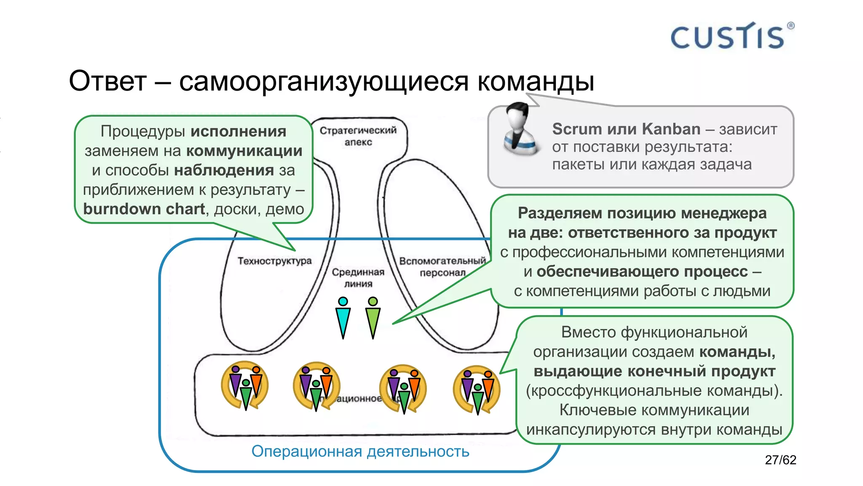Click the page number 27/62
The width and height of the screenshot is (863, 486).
(780, 459)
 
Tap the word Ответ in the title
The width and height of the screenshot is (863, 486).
(108, 81)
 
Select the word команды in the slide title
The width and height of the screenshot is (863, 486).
(536, 81)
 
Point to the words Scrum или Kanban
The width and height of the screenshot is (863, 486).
(626, 129)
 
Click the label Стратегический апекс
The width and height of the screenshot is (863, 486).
(358, 136)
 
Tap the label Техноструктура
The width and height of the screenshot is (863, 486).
(274, 261)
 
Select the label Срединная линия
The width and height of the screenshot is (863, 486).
(358, 278)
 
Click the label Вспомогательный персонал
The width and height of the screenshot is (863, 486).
(442, 267)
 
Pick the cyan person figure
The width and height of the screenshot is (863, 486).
(343, 318)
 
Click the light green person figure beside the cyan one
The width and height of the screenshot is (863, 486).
(373, 318)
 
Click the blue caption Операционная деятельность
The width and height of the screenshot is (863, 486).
(360, 451)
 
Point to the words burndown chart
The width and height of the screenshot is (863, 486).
(144, 209)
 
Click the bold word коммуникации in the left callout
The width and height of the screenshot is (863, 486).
(244, 151)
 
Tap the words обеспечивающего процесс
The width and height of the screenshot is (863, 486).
(642, 271)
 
